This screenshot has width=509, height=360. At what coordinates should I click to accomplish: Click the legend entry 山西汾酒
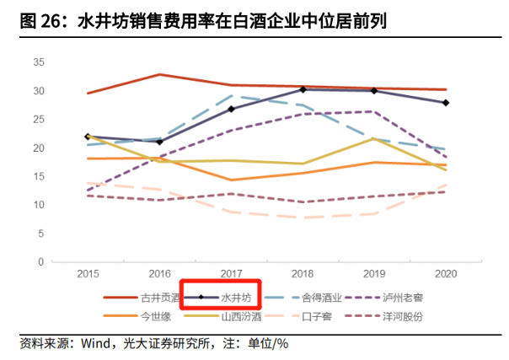click(239, 316)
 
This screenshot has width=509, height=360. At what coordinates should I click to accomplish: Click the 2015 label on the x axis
click(88, 275)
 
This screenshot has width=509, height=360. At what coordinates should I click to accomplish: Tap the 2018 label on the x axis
click(303, 275)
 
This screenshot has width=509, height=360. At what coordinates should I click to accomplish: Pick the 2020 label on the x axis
click(446, 275)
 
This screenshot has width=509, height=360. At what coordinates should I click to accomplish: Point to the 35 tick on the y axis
click(38, 62)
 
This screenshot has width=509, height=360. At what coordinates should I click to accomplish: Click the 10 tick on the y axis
click(38, 205)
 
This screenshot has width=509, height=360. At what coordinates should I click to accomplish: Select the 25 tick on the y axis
click(38, 120)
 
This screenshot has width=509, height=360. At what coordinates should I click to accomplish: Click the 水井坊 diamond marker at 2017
click(231, 109)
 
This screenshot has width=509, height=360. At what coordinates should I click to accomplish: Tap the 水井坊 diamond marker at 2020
click(446, 103)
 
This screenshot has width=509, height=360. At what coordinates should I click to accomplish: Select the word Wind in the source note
click(95, 344)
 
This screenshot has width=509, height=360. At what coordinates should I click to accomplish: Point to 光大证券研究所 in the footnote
click(169, 344)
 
